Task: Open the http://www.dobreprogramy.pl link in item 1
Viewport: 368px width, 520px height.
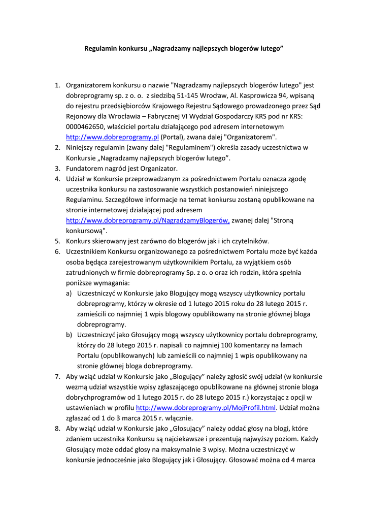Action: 113,137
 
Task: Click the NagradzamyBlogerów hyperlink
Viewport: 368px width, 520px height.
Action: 148,220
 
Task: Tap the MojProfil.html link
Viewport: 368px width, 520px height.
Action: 206,408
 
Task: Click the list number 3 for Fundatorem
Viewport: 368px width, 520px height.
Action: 57,168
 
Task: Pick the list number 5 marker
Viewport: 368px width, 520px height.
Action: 57,241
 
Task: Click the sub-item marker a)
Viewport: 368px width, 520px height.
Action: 69,293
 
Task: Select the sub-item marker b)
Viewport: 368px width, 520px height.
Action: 69,335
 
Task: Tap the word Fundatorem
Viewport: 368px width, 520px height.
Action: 86,168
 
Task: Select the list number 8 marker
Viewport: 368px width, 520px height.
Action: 57,429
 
